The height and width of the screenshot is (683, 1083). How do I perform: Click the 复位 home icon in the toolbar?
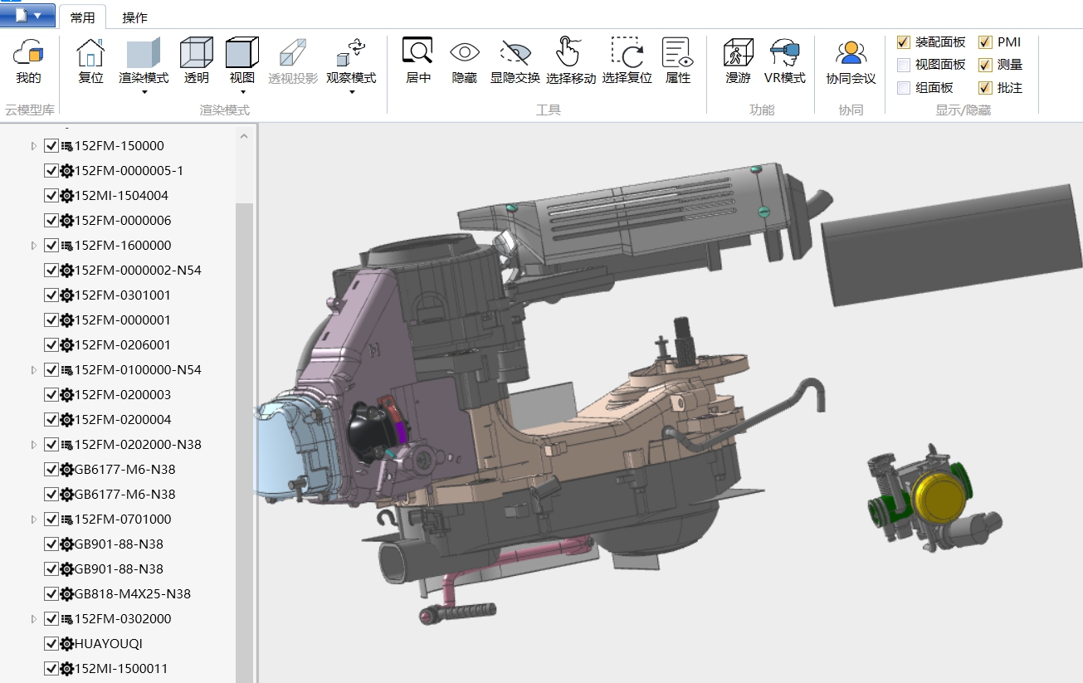pos(90,54)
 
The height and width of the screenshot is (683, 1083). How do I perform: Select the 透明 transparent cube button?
pos(197,54)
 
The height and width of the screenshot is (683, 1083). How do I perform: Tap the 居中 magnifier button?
pos(417,52)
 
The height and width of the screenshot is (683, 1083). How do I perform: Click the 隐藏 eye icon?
pos(465,52)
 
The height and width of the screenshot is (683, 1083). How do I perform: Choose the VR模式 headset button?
pos(784,54)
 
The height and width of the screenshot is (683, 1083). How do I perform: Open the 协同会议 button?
pos(851,54)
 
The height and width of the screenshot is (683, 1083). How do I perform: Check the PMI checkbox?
pos(985,42)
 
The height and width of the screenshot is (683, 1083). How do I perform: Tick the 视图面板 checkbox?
pos(904,65)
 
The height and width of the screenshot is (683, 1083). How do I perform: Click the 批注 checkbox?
pos(985,87)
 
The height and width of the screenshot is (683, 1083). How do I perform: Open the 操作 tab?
pos(134,17)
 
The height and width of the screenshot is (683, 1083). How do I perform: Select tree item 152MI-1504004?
pos(121,196)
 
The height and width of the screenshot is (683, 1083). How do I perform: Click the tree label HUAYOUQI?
pos(109,644)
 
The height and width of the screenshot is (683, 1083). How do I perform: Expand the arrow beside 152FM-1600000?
pos(34,246)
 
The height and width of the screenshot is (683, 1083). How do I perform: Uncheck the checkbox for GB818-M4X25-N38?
pos(51,594)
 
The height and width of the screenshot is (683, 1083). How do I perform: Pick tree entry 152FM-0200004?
pos(123,420)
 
